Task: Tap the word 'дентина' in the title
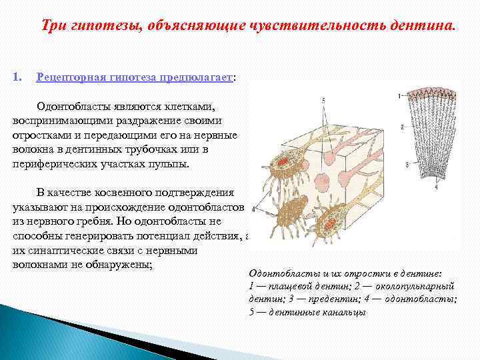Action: pos(421,25)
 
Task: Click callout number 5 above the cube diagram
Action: pos(323,100)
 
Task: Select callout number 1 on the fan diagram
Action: pos(399,96)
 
